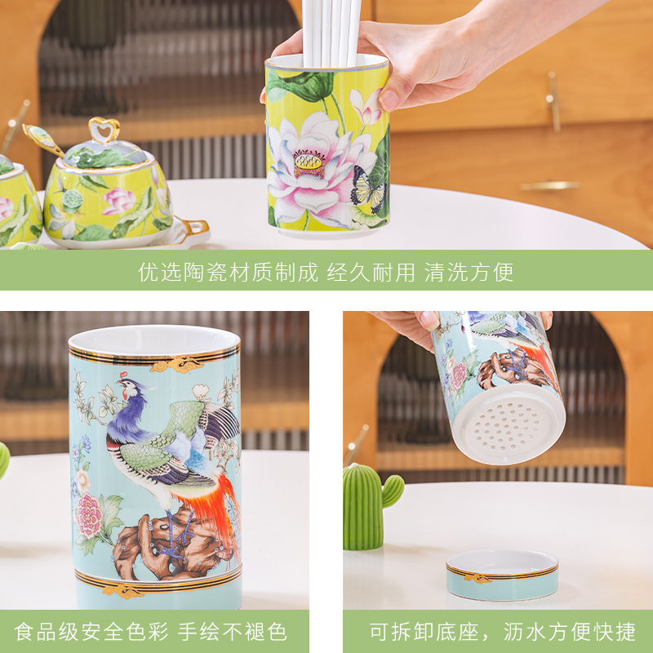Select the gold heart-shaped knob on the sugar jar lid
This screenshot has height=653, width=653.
point(104,129)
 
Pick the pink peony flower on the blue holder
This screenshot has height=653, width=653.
point(89,515)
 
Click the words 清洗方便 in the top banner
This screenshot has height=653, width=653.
point(469,272)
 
